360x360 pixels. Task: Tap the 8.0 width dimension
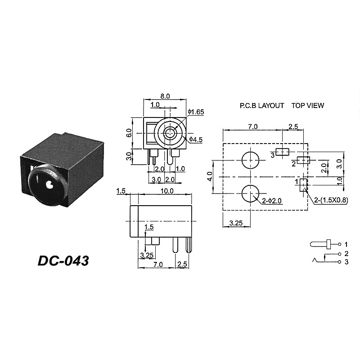165,96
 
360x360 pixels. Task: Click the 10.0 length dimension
167,192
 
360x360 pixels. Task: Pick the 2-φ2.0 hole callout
272,201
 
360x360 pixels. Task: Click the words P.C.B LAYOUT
261,106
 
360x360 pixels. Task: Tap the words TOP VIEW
307,106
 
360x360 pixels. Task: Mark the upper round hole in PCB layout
250,160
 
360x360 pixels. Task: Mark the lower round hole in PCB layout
250,194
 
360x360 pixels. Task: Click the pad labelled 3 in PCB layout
282,152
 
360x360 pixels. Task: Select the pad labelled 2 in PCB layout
304,160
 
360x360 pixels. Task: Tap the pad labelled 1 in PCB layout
303,182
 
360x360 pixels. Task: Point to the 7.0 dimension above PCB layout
252,127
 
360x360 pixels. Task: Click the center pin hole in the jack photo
47,184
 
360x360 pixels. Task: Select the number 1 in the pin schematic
346,244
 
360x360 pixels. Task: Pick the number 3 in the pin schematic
346,261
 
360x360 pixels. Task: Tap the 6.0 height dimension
129,133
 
